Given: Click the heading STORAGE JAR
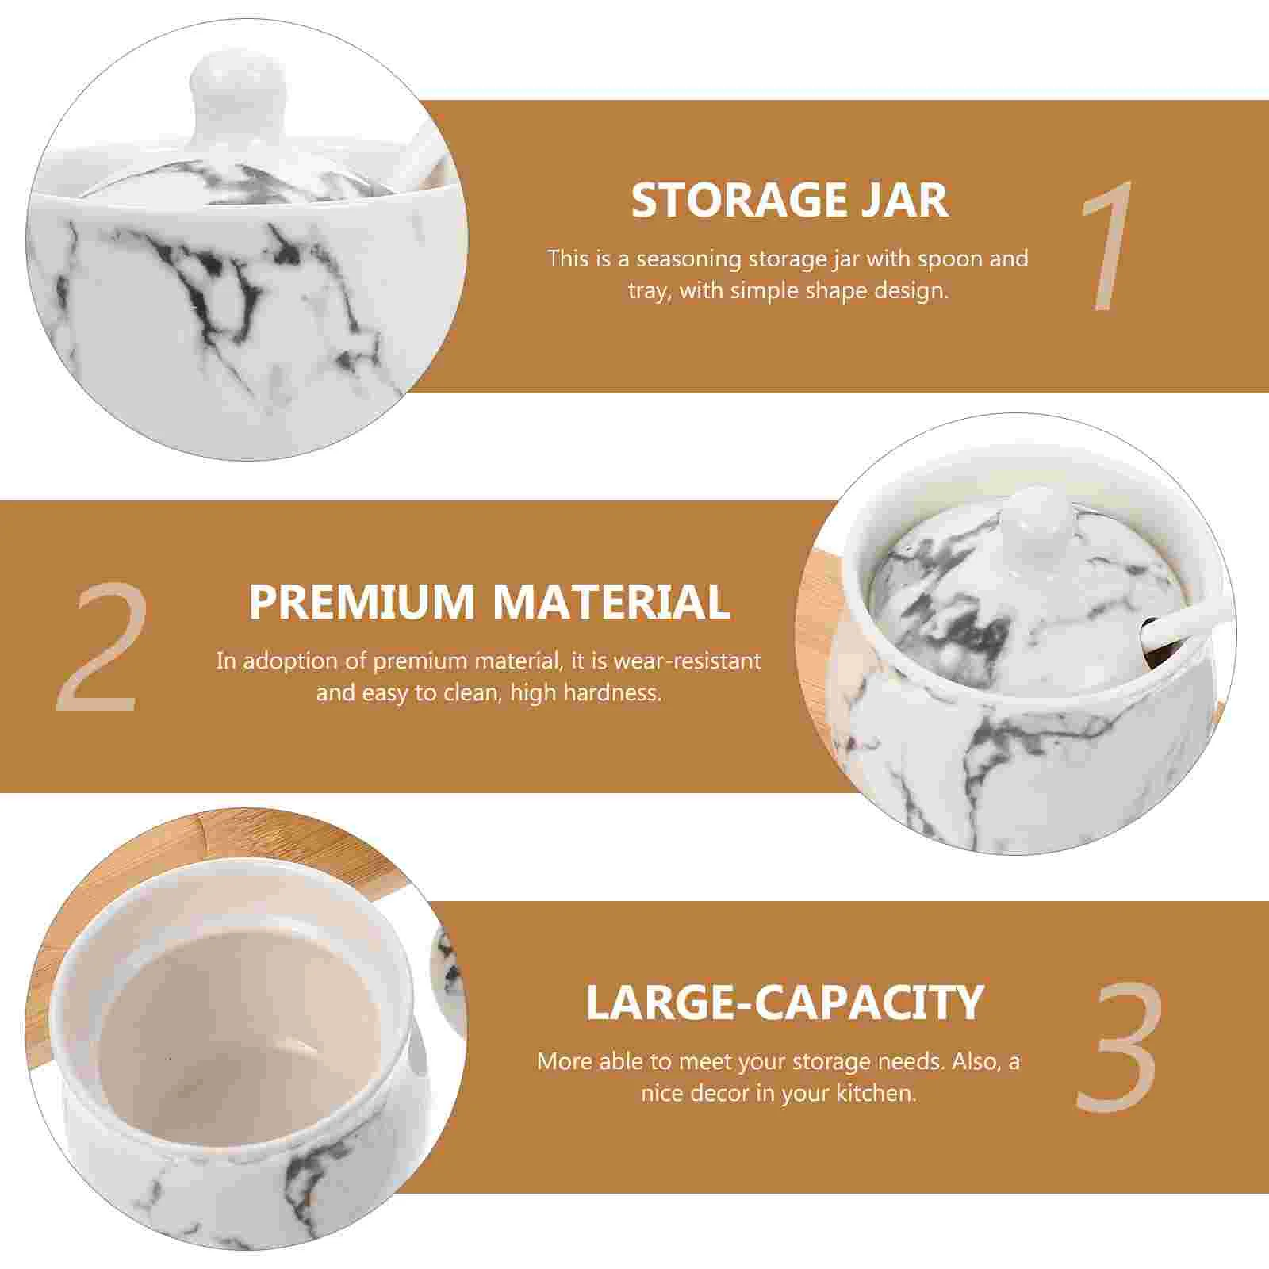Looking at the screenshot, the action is [x=789, y=201].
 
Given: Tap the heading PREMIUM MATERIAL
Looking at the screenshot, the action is [x=489, y=602].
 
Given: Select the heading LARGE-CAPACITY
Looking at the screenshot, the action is [x=784, y=1003].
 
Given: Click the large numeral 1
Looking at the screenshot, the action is [x=1106, y=246].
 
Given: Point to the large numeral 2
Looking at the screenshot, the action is [x=99, y=647].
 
